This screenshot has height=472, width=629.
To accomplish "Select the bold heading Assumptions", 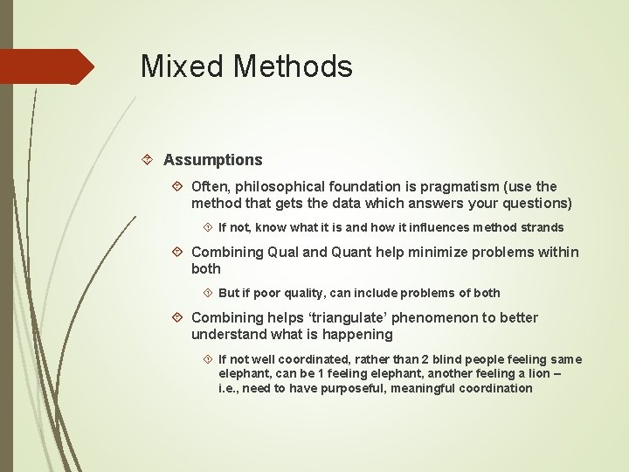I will tap(212, 160).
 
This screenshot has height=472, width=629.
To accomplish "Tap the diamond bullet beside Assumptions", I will tap(149, 160).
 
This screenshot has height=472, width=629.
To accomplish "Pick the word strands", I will tap(541, 227).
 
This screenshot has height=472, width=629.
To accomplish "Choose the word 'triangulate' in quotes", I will tap(322, 317).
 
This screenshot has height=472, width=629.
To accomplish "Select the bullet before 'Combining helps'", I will tap(177, 317).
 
